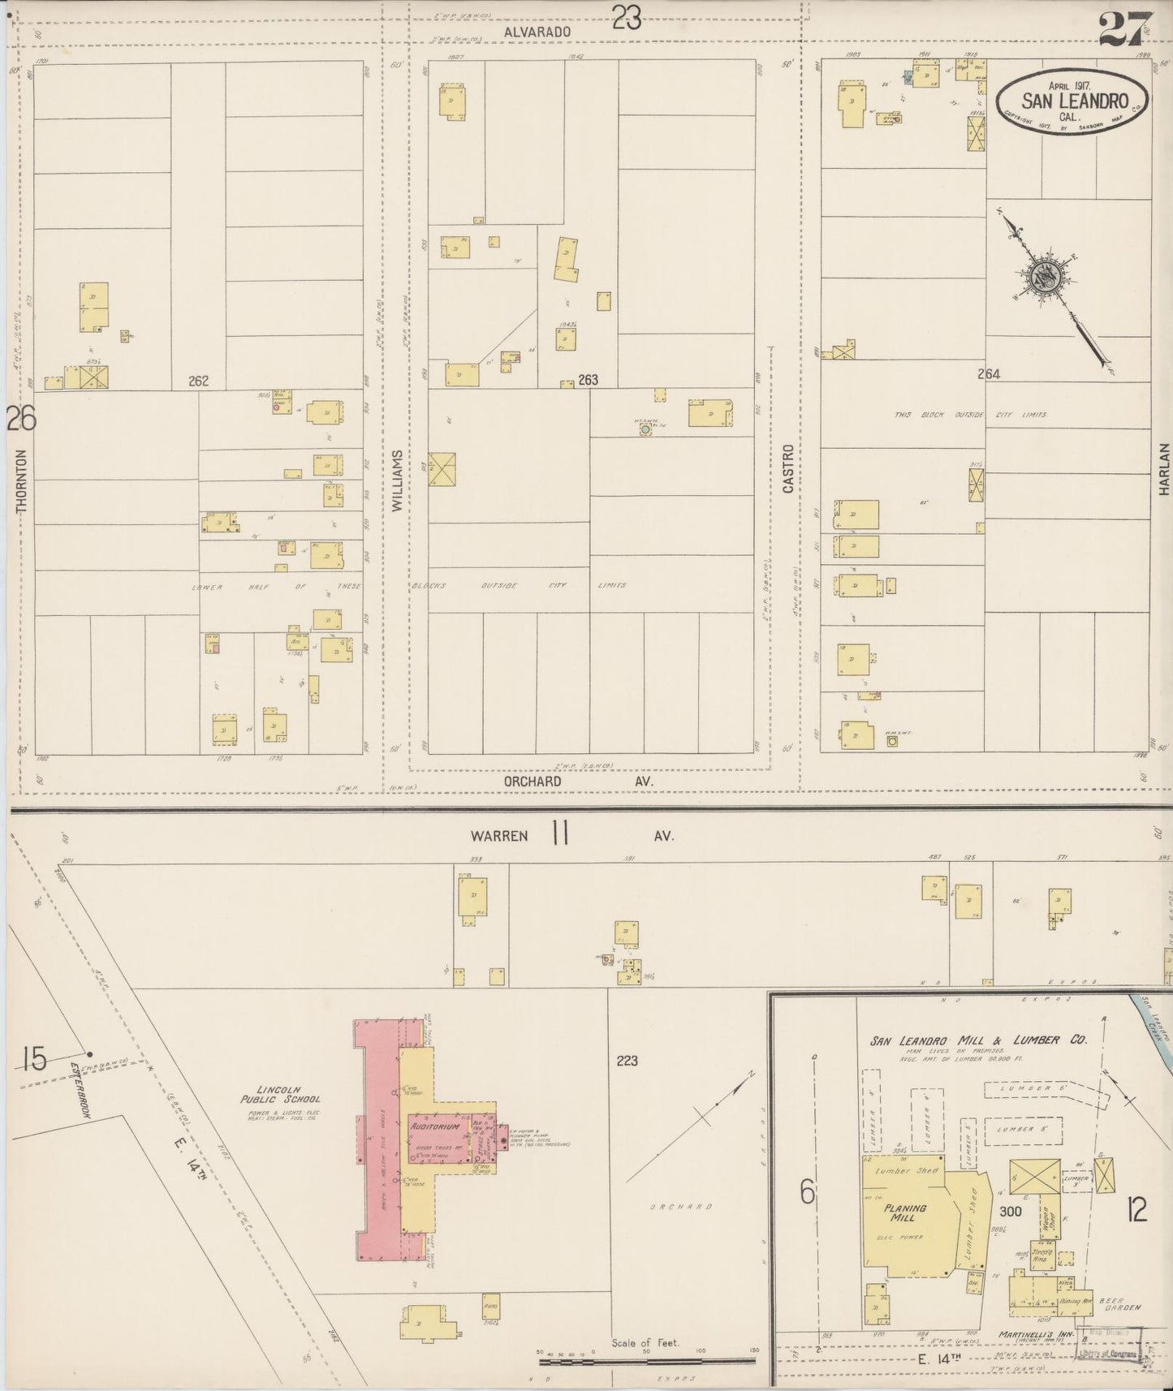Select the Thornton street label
(20, 480)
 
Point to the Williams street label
(397, 481)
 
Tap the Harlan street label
(1163, 468)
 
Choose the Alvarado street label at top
(537, 30)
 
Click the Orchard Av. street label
(578, 781)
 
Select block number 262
(198, 381)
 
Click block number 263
(588, 380)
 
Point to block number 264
(988, 374)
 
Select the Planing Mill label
(905, 1212)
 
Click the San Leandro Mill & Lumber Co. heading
(978, 1040)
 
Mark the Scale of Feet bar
(647, 1359)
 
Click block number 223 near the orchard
(627, 1060)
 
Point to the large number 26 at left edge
(21, 419)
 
